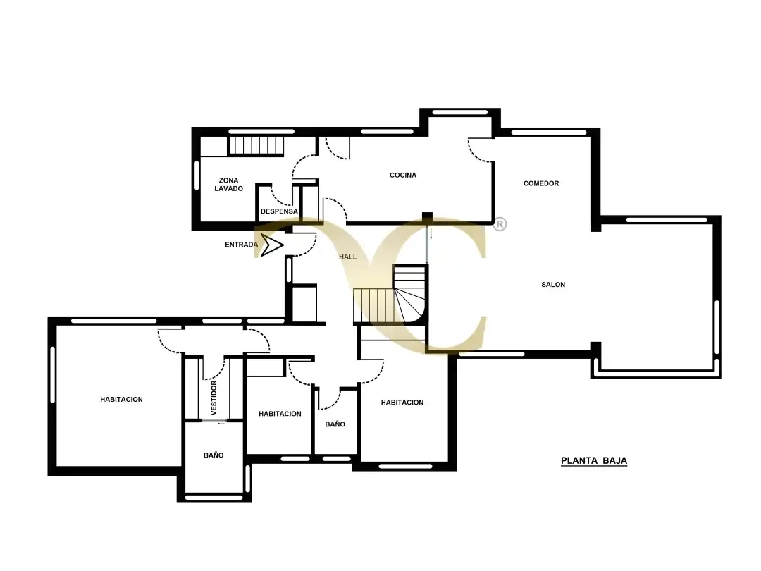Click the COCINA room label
[x=403, y=176]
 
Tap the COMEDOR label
[x=541, y=183]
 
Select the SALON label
[x=553, y=285]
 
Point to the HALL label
[x=348, y=257]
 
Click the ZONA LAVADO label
[x=228, y=185]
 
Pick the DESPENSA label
[x=279, y=211]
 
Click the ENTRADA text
[x=241, y=245]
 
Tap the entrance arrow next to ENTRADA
[x=272, y=245]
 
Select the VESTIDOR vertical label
[x=214, y=398]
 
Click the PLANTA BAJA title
[x=594, y=461]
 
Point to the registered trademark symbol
[x=500, y=224]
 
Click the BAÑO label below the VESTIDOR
[x=214, y=455]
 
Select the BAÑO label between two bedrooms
[x=335, y=424]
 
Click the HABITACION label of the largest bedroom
[x=121, y=400]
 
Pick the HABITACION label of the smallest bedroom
[x=280, y=414]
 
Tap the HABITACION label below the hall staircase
[x=402, y=403]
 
